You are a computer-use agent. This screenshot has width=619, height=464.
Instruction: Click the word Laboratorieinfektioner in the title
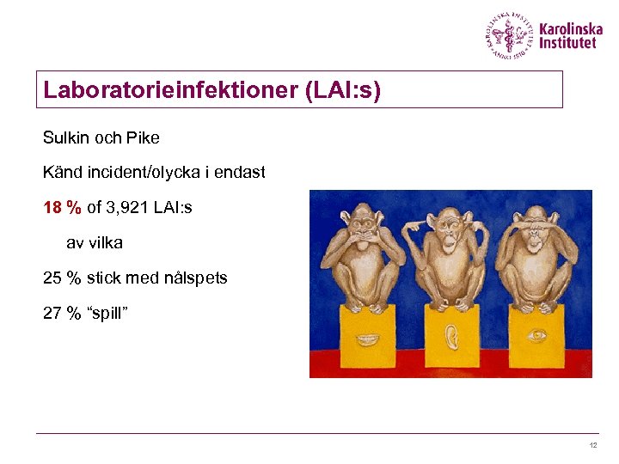coord(170,89)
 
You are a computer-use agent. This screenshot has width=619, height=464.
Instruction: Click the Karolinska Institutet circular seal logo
coord(509,36)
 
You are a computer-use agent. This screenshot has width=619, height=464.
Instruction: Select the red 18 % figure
coord(62,207)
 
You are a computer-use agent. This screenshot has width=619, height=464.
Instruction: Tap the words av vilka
coord(95,243)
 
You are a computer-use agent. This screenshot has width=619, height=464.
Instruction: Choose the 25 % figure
coord(61,278)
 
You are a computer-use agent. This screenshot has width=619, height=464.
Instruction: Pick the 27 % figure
coord(61,313)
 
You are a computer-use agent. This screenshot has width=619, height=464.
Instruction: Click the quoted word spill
coord(107,313)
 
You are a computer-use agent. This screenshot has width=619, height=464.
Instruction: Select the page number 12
coord(592,445)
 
